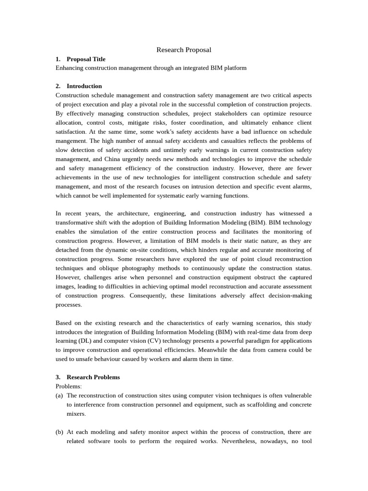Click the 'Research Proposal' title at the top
184,50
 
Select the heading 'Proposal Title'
86,59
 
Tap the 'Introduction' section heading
84,86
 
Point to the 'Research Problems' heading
93,377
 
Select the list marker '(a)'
59,396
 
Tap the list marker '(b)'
59,432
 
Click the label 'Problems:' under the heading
69,386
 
